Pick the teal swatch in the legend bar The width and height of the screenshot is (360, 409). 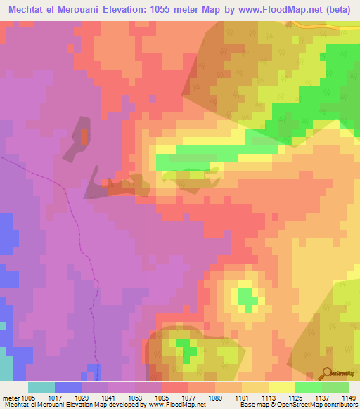pyautogui.click(x=41, y=387)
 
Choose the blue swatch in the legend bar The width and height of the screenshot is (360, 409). pyautogui.click(x=68, y=387)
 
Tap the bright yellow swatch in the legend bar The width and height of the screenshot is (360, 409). pyautogui.click(x=281, y=387)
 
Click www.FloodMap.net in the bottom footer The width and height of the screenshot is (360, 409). pyautogui.click(x=174, y=405)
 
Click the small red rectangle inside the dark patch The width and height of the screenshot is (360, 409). pyautogui.click(x=84, y=136)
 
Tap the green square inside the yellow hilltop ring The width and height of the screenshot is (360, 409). pyautogui.click(x=246, y=299)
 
